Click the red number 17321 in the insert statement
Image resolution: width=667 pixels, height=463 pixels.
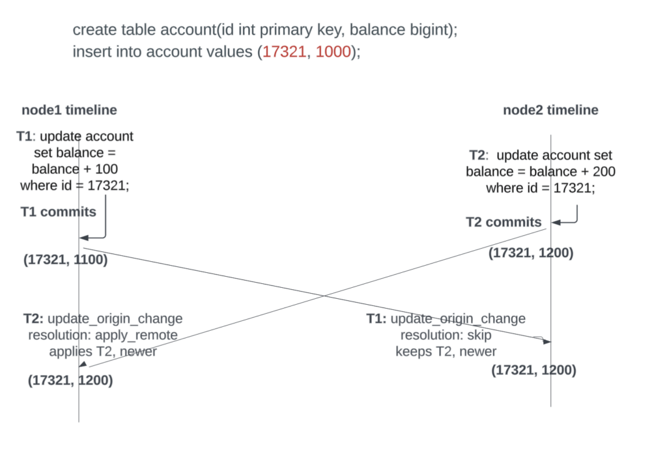284,51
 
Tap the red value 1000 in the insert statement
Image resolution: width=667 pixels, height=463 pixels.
333,51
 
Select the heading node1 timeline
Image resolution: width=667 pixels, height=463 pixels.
69,109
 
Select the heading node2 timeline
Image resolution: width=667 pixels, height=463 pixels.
550,109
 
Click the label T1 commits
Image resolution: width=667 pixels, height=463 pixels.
58,212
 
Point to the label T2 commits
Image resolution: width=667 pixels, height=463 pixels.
504,222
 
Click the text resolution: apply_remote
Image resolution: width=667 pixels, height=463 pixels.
103,335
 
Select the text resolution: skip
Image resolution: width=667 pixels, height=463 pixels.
446,335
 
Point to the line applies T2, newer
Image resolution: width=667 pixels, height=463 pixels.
103,352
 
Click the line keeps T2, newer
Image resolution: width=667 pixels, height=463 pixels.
446,352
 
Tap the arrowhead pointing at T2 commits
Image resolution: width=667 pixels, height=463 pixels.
556,222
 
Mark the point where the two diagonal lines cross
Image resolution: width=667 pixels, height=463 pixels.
324,296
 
